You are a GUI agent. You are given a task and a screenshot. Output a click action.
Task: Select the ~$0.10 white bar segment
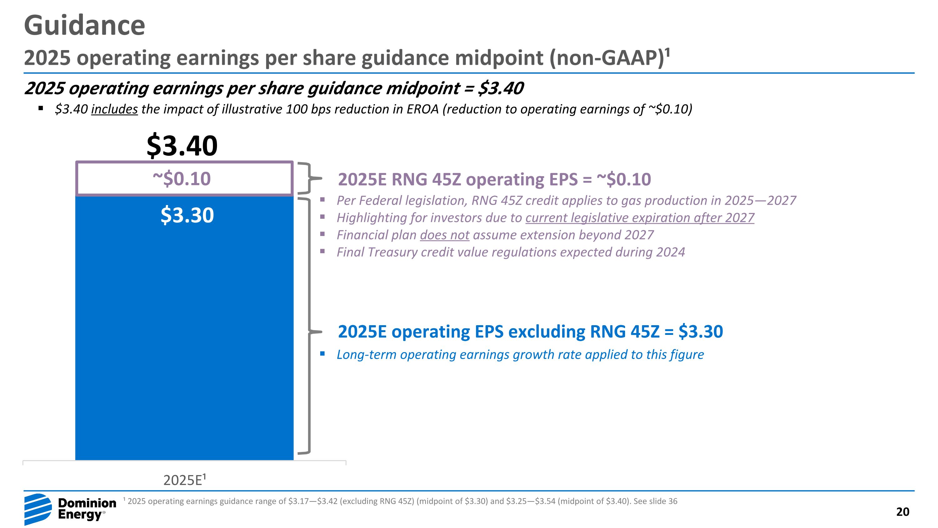tap(184, 178)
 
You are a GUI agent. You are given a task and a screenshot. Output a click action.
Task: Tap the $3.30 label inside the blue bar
tap(187, 215)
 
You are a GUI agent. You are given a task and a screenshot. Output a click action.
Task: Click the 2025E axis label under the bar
tap(184, 480)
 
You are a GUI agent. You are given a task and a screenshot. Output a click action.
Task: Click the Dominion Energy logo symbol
tap(38, 509)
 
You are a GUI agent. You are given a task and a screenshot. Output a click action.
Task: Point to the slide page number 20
tap(902, 512)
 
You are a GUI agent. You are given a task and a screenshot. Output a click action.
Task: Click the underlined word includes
tap(114, 109)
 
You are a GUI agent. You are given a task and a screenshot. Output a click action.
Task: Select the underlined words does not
tap(444, 235)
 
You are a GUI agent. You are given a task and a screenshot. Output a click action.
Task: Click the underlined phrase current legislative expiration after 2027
tap(639, 218)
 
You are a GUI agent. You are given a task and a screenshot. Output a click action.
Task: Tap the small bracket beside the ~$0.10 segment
tap(310, 178)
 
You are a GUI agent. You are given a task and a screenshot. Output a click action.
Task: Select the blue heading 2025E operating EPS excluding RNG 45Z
tap(530, 331)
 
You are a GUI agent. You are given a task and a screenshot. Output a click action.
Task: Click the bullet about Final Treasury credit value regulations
tap(511, 252)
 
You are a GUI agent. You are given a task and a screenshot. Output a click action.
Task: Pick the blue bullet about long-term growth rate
tap(520, 355)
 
